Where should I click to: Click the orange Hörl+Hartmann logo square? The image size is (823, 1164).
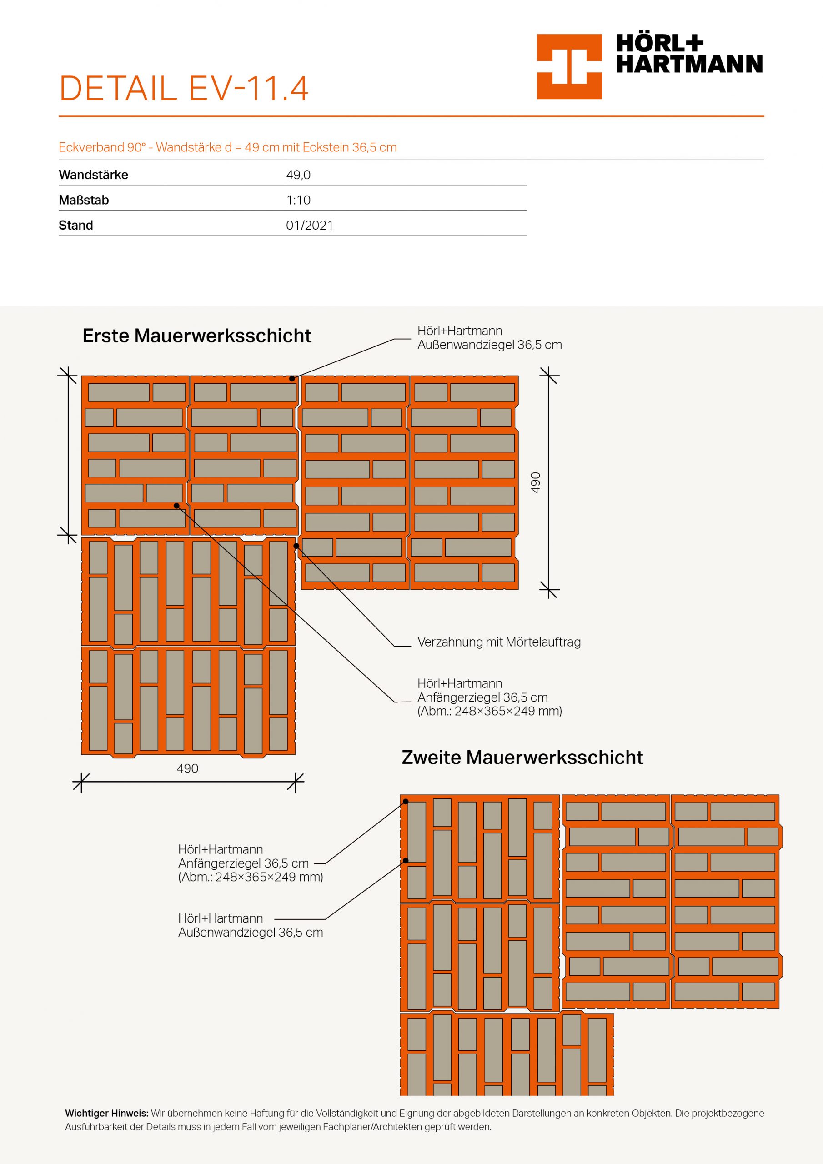click(569, 66)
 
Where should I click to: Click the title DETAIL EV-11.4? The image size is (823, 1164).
click(184, 89)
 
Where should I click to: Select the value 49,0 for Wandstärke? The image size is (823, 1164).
click(298, 175)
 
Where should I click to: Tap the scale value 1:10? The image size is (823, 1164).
click(298, 200)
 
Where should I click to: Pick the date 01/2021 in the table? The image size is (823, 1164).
click(309, 225)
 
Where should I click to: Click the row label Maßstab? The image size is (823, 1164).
click(84, 200)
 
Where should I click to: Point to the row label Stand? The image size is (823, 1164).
click(75, 225)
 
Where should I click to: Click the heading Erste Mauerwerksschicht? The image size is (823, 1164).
click(197, 336)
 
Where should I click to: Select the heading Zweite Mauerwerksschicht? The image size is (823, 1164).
click(522, 757)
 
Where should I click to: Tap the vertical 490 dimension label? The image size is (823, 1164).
click(536, 482)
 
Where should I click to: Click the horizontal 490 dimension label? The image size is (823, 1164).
click(187, 768)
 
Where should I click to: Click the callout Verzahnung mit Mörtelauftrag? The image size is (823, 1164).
click(498, 642)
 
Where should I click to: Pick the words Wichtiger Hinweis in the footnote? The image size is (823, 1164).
click(106, 1114)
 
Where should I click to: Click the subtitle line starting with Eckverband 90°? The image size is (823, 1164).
click(227, 147)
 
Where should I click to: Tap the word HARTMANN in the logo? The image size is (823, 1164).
click(689, 65)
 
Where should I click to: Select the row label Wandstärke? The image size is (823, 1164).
click(93, 175)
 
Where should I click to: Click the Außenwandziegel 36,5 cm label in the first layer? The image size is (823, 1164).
click(489, 338)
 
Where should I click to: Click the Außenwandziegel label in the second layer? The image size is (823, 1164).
click(250, 925)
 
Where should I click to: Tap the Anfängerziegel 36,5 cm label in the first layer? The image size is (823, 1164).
click(489, 697)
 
